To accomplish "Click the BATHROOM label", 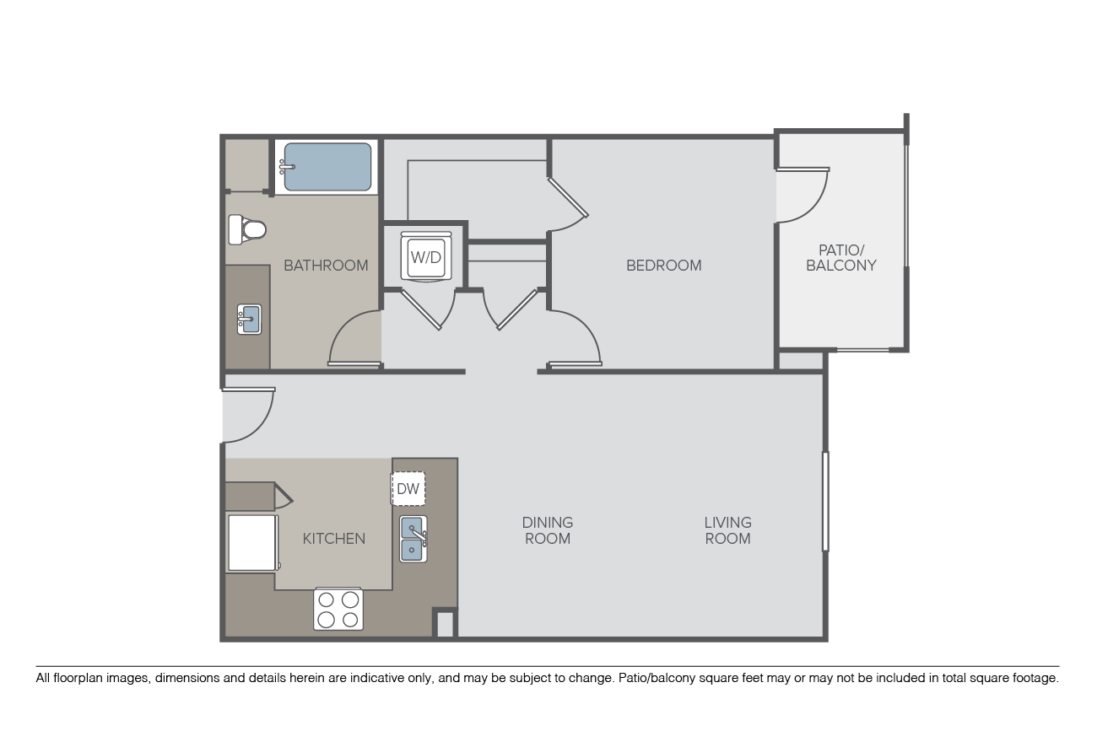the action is coord(326,266).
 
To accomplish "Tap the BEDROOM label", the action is coord(663,266).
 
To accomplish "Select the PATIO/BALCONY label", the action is coord(840,258).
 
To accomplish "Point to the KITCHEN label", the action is coord(333,539).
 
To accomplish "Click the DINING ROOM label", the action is coord(548,530).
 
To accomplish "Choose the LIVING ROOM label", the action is coord(727,530).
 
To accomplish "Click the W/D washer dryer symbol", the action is coord(426,257).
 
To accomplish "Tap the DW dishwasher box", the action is coord(408,488).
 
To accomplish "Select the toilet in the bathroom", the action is coord(246,229).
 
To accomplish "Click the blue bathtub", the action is coord(327,167).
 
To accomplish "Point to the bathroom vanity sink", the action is coord(249,320).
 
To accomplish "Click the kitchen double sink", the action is coord(413,539).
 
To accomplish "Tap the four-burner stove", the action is coord(338,609).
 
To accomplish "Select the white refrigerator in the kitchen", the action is coord(252,543).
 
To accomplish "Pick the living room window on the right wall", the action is coord(825,502).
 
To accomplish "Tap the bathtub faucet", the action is coord(287,167).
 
